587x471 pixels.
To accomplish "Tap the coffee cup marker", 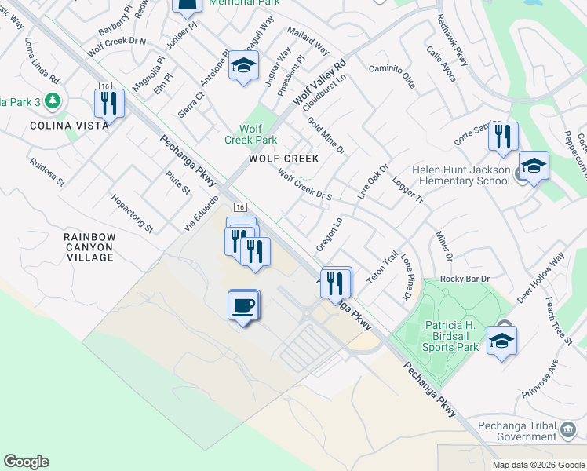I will tap(243, 305).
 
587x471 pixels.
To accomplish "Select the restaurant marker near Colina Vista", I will tap(109, 104).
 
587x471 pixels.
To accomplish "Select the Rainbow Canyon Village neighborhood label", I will tap(89, 246).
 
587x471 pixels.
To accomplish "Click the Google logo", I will tap(26, 462).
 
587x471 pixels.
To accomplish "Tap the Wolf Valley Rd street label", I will tap(319, 85).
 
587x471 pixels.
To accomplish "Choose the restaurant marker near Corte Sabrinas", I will tap(503, 136).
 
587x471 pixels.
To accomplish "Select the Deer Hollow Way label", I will tap(541, 279).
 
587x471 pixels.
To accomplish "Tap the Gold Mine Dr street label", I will tap(326, 134).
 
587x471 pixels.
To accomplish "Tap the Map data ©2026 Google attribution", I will tap(538, 465).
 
